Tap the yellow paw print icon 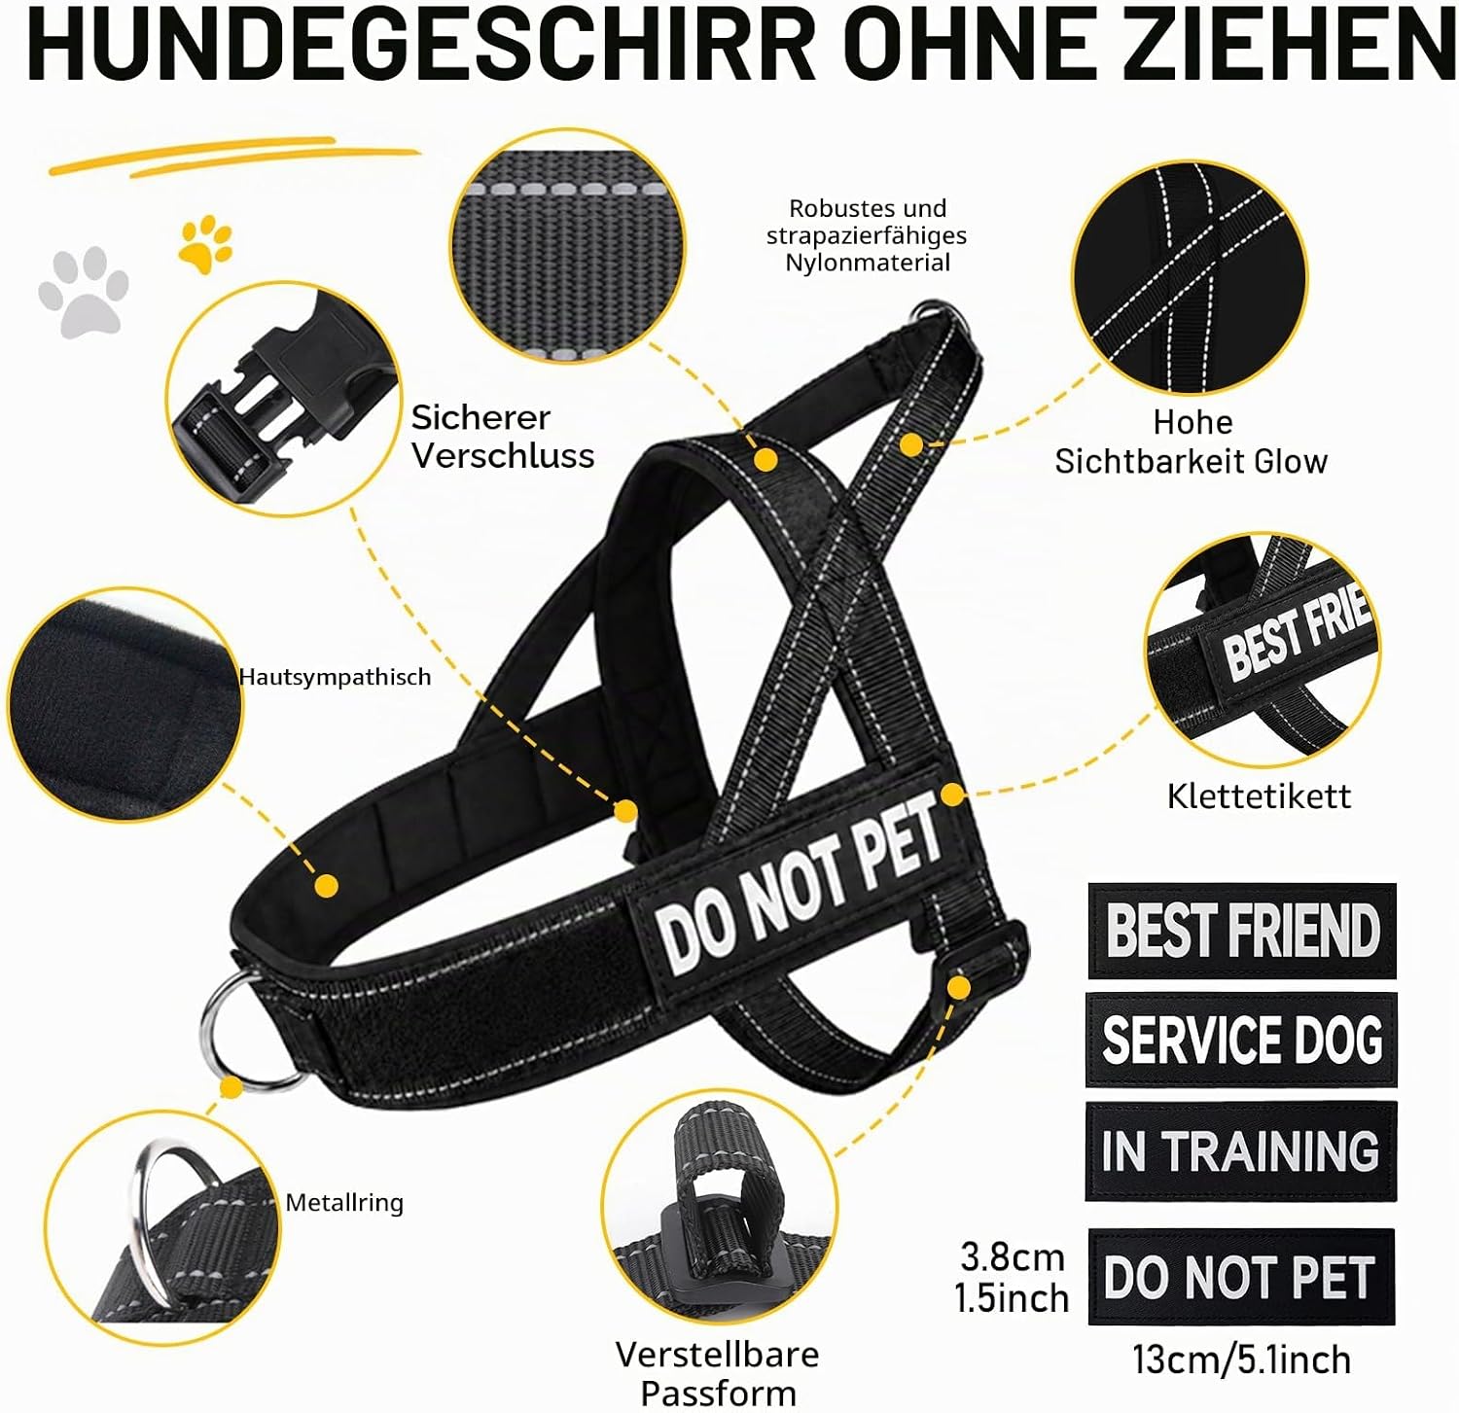pos(205,244)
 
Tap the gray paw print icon pos(84,292)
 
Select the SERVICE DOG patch pos(1241,1040)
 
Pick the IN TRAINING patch pos(1241,1151)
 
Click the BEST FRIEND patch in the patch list pos(1242,931)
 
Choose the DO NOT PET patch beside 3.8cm pos(1241,1277)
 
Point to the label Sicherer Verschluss pos(502,437)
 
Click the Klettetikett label pos(1259,796)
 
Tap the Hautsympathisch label pos(335,677)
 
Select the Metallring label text pos(344,1203)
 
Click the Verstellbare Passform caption pos(718,1373)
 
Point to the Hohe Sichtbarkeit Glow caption pos(1192,442)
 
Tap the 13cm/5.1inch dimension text pos(1241,1360)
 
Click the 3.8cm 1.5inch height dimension pos(1012,1278)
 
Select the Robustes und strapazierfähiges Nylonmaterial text pos(867,235)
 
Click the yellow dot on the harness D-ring pos(231,1087)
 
